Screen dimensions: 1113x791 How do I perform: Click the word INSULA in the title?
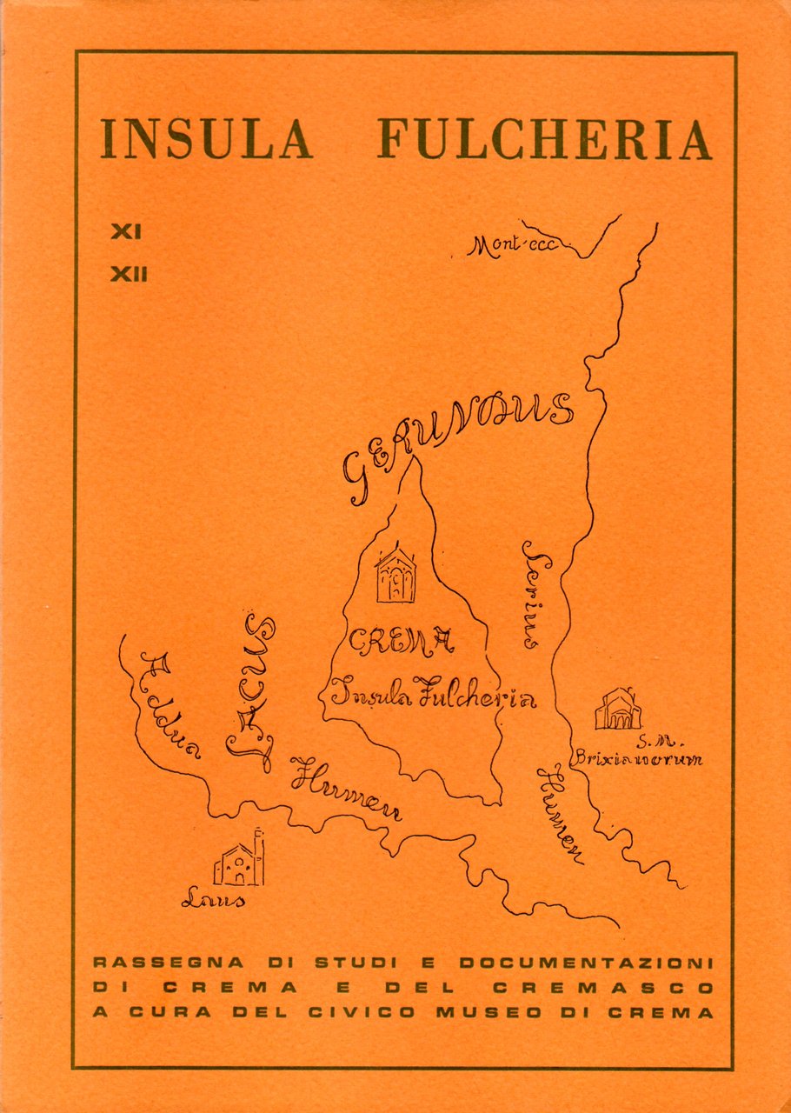click(206, 138)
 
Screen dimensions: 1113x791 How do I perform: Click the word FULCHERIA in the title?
click(544, 138)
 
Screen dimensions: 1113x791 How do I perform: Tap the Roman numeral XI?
click(126, 233)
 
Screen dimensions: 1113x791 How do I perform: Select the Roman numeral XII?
click(129, 275)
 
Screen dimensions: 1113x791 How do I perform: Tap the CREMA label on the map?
click(401, 643)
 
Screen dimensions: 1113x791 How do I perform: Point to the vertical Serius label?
click(533, 595)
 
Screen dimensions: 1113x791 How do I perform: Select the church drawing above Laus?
click(239, 860)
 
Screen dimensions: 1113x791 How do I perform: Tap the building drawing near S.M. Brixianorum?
click(618, 710)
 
